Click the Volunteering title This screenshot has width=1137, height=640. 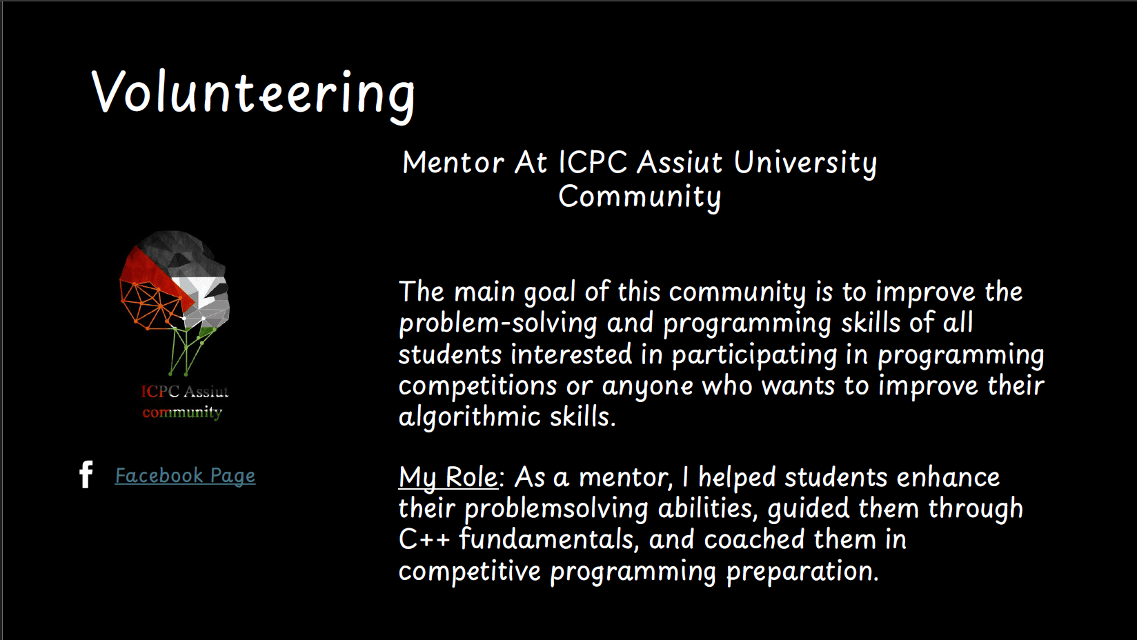(253, 94)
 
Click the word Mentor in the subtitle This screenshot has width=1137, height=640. (453, 163)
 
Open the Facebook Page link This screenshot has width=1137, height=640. (186, 477)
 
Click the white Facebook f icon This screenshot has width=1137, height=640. (86, 474)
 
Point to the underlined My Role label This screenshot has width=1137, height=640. (448, 479)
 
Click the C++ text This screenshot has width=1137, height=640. (424, 539)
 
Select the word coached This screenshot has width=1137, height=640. (754, 539)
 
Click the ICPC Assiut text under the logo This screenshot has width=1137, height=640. (185, 392)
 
